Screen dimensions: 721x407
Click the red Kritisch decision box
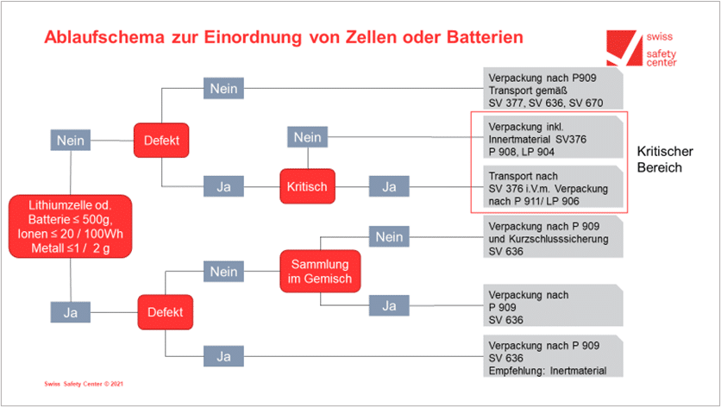point(308,186)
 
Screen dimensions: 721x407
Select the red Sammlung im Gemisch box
point(320,272)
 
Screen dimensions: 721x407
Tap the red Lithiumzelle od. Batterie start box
point(71,226)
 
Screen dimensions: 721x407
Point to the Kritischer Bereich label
point(665,160)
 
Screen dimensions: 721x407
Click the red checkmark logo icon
point(624,47)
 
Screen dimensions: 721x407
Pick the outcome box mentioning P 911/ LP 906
point(553,188)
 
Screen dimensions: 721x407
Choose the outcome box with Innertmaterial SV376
point(553,138)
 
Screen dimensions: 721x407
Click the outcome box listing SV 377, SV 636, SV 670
point(553,89)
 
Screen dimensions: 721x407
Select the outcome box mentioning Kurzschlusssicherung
point(553,238)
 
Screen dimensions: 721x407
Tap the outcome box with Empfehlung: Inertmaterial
point(553,357)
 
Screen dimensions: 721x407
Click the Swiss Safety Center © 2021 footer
point(84,384)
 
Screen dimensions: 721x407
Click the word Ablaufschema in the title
point(104,37)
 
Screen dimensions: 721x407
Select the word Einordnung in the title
point(253,37)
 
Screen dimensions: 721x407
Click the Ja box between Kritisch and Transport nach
point(389,187)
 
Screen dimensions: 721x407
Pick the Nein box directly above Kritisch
point(308,137)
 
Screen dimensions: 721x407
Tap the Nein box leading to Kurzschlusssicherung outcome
point(389,237)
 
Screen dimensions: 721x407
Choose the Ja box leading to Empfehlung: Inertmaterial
point(223,356)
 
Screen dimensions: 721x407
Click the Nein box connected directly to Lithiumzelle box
point(71,141)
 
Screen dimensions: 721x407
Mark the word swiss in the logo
point(660,36)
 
